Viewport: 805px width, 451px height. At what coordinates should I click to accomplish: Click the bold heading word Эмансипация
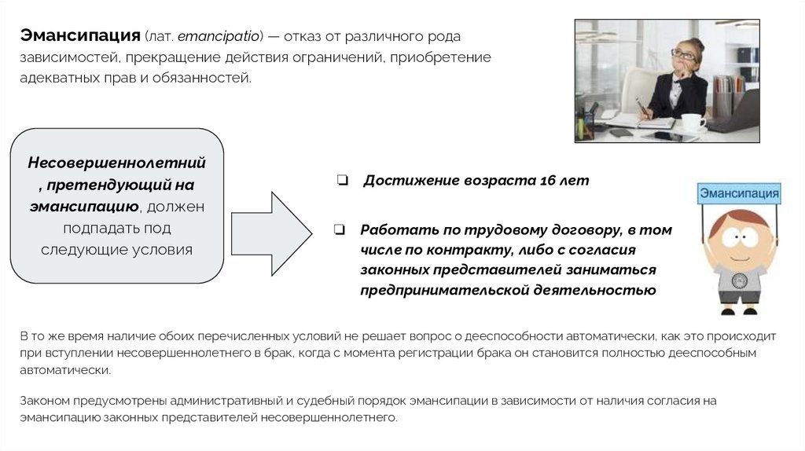coord(79,36)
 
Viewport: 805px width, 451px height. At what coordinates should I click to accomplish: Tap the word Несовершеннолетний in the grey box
coord(117,163)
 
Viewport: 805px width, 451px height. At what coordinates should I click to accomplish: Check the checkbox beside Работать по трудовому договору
coord(340,231)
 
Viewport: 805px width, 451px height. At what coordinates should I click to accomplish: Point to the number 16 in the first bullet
coord(548,181)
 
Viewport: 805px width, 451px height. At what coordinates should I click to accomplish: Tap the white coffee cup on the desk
coord(693,123)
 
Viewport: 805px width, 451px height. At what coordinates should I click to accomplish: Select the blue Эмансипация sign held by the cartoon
coord(739,193)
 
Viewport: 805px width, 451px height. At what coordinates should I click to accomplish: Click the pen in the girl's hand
coord(640,106)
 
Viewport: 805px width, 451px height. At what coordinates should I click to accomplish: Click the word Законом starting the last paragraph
coord(44,401)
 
